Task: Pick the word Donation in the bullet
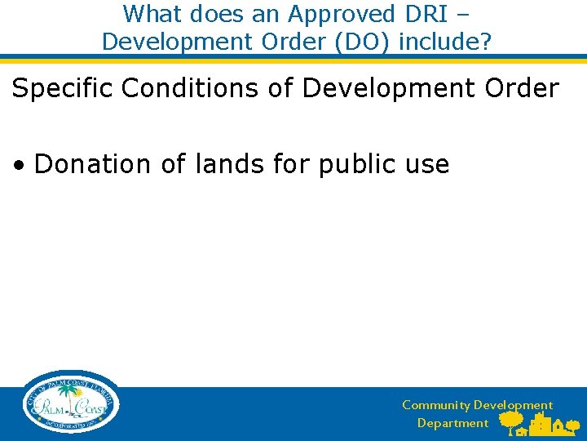coord(92,164)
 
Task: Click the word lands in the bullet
coord(224,164)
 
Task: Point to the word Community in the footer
coord(436,405)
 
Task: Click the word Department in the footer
coord(452,423)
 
